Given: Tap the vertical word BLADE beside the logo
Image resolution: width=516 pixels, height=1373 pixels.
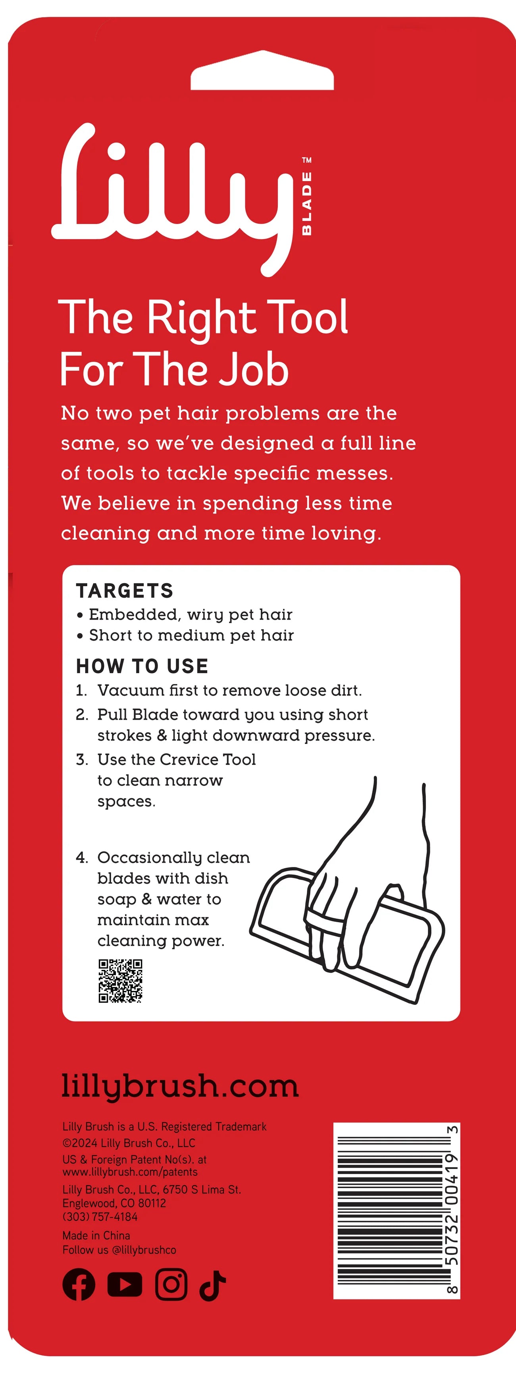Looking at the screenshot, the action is pos(307,203).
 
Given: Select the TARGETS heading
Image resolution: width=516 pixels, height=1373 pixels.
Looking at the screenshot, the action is pos(125,591).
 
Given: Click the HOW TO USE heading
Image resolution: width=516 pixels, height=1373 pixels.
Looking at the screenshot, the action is pos(142,666).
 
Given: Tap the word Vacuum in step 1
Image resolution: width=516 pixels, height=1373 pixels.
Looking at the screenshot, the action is pos(131,690).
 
